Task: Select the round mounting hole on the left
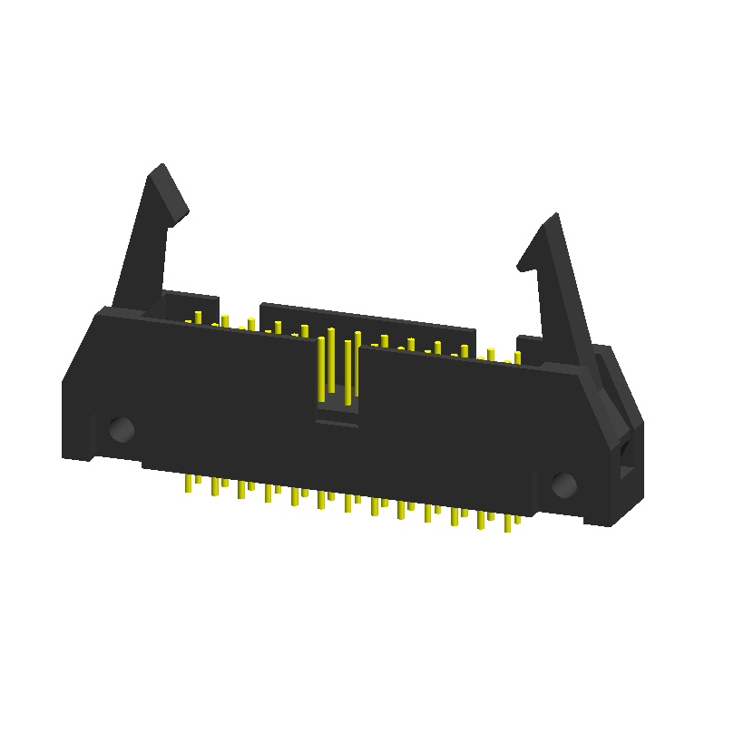point(121,428)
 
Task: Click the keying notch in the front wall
point(337,413)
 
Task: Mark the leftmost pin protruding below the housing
point(188,484)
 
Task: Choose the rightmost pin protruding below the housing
point(517,520)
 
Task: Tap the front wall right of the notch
point(454,426)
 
